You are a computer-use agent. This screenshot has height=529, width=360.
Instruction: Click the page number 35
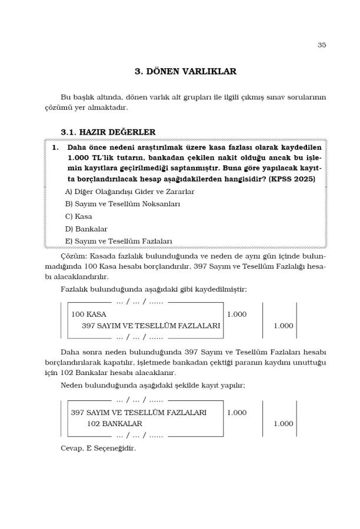(x=321, y=45)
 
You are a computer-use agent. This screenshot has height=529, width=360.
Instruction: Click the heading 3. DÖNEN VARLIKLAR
(x=185, y=72)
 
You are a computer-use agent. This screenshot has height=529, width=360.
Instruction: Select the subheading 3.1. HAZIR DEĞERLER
(x=108, y=132)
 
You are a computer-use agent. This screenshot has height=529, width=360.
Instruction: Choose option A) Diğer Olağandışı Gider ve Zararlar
(x=129, y=192)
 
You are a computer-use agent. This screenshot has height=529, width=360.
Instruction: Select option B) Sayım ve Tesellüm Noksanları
(x=122, y=204)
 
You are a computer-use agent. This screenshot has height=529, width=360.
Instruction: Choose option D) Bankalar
(x=86, y=229)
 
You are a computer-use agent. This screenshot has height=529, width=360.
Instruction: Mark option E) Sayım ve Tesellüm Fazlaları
(x=118, y=241)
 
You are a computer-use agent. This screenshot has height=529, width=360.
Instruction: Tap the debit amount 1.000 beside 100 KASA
(x=236, y=314)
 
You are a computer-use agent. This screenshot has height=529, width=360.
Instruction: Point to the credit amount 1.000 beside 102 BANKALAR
(x=283, y=423)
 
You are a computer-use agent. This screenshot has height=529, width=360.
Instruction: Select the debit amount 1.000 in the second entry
(x=236, y=413)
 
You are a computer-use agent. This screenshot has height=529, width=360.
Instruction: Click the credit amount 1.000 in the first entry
(x=283, y=325)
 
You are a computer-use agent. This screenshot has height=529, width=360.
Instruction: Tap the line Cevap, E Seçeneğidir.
(x=98, y=448)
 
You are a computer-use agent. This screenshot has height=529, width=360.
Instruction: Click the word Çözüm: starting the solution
(x=74, y=257)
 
